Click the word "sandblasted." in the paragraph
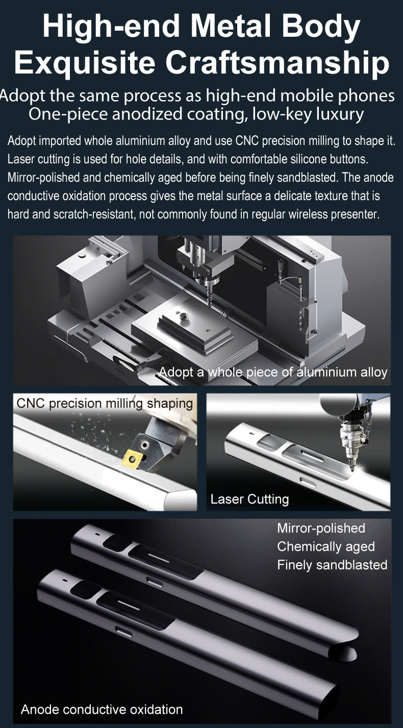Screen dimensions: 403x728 pyautogui.click(x=310, y=178)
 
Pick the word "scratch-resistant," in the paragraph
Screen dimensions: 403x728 pyautogui.click(x=94, y=214)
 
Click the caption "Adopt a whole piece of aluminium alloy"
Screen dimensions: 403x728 pyautogui.click(x=273, y=372)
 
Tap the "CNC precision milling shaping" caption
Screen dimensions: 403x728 pyautogui.click(x=105, y=404)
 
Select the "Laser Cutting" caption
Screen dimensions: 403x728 pyautogui.click(x=249, y=499)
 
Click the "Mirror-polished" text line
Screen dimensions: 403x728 pyautogui.click(x=321, y=528)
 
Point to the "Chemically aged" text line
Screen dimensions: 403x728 pyautogui.click(x=325, y=547)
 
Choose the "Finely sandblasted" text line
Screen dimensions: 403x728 pyautogui.click(x=332, y=565)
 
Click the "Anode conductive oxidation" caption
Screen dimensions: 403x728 pyautogui.click(x=102, y=710)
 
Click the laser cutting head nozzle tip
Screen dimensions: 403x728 pyautogui.click(x=351, y=468)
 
